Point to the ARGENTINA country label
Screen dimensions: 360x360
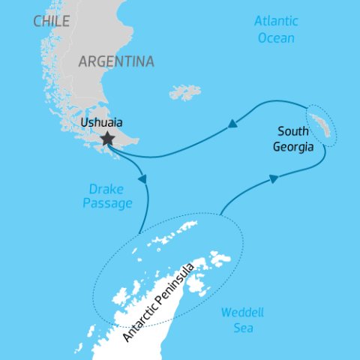(x=116, y=61)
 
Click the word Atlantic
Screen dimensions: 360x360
(x=276, y=21)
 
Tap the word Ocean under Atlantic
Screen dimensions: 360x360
(x=275, y=38)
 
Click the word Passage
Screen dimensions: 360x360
(x=109, y=203)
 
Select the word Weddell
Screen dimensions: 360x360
(x=242, y=312)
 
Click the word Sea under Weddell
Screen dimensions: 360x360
(x=242, y=328)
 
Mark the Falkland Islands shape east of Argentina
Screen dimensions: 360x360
(x=185, y=92)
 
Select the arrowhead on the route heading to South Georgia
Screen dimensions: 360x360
(x=273, y=178)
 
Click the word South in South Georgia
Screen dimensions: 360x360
(x=292, y=132)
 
